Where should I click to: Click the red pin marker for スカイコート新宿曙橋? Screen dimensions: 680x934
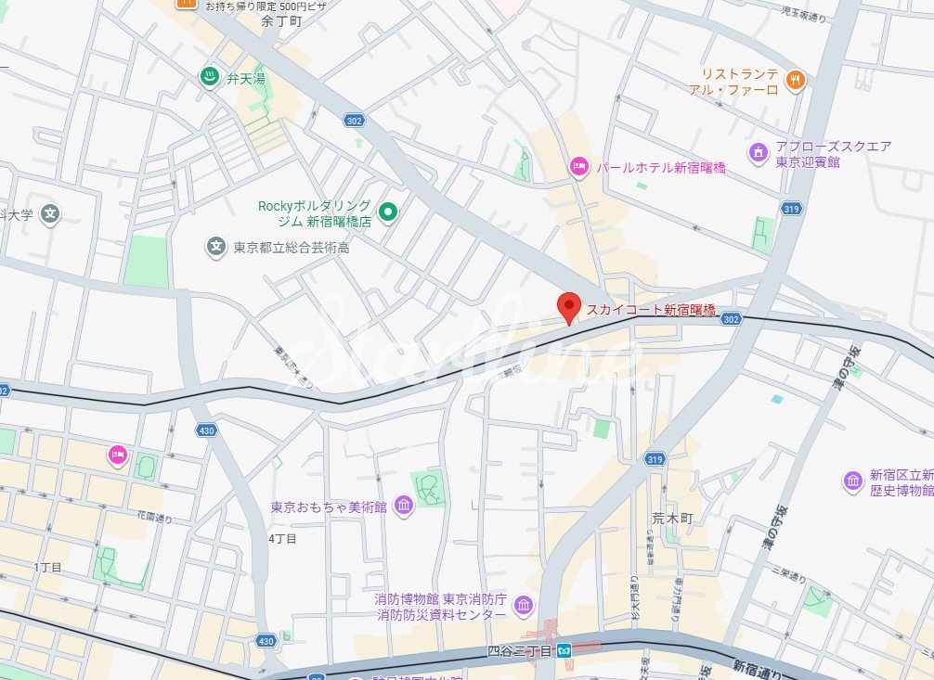[x=568, y=306]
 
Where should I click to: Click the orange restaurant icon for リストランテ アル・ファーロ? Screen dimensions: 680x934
[x=794, y=81]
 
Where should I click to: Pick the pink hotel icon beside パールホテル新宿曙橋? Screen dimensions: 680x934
[x=579, y=167]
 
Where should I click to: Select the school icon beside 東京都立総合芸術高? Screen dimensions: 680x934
[x=216, y=247]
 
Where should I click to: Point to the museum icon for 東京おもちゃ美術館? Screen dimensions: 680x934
[x=404, y=506]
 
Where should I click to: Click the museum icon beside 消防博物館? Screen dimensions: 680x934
[x=524, y=606]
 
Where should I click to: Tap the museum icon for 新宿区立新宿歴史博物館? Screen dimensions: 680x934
[x=852, y=481]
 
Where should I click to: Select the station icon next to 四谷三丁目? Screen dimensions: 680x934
[x=564, y=651]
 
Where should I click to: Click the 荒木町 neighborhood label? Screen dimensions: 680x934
[x=671, y=520]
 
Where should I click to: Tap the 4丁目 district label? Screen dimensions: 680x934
[x=282, y=538]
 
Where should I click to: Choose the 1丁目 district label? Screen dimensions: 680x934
[x=47, y=567]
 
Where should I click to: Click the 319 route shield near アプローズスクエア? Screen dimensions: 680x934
[x=791, y=208]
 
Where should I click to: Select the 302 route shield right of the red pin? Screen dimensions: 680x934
[x=731, y=318]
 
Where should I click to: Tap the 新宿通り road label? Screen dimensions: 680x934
[x=757, y=666]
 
